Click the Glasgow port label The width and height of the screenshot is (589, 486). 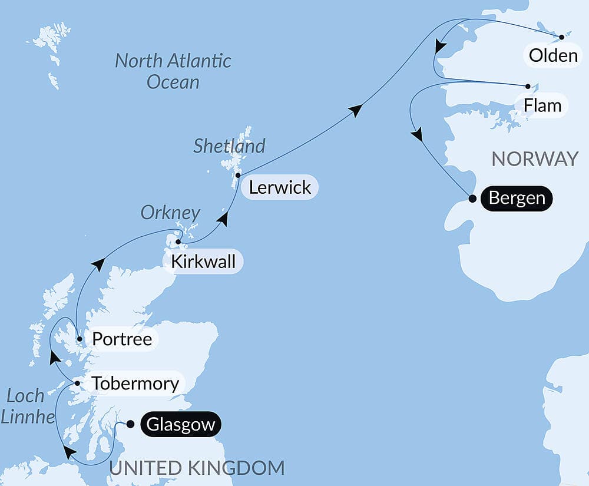(180, 425)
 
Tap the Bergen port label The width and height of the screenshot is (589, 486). (517, 198)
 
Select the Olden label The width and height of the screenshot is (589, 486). (553, 56)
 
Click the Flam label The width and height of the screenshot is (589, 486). (541, 106)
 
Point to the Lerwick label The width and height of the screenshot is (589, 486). (280, 188)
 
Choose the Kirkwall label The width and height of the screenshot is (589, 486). (203, 262)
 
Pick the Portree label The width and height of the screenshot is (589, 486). (122, 339)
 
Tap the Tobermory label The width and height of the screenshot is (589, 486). (135, 384)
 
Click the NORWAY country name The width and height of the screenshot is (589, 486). (535, 159)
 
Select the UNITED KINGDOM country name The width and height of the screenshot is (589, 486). (197, 468)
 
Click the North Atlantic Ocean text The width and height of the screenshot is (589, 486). (173, 71)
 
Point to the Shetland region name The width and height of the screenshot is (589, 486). (229, 146)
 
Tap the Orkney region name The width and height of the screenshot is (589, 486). (170, 213)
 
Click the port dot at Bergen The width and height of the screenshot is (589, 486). (472, 199)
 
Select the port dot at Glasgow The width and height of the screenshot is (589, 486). (130, 424)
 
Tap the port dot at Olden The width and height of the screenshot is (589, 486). (561, 37)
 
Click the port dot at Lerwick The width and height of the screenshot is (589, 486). (237, 176)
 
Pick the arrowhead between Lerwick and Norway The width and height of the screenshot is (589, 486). (355, 110)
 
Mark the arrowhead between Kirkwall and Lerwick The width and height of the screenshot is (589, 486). (223, 219)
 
